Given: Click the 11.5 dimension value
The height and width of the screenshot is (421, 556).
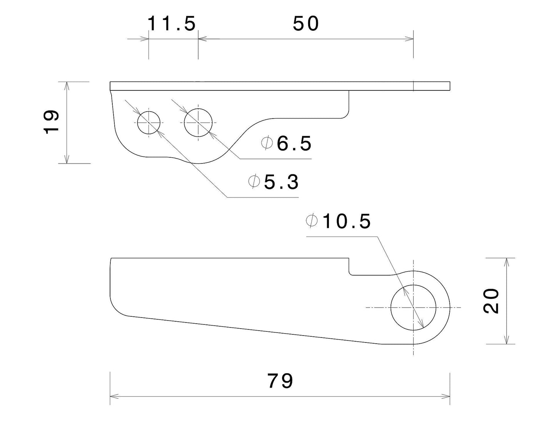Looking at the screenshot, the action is tap(172, 23).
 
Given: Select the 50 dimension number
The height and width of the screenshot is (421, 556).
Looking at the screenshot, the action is tap(306, 23).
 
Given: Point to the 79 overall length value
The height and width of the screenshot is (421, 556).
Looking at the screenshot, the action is tap(280, 381).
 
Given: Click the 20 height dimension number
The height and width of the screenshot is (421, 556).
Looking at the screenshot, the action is tap(491, 301).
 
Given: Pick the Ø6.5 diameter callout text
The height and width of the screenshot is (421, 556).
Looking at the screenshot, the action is tap(286, 144).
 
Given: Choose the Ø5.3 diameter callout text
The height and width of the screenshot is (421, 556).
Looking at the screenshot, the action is tap(274, 182).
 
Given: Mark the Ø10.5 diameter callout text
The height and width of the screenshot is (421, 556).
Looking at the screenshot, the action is tap(338, 221).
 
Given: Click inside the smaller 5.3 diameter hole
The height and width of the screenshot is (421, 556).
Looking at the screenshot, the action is tap(149, 123).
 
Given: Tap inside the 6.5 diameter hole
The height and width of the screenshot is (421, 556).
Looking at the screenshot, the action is tap(198, 123).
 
